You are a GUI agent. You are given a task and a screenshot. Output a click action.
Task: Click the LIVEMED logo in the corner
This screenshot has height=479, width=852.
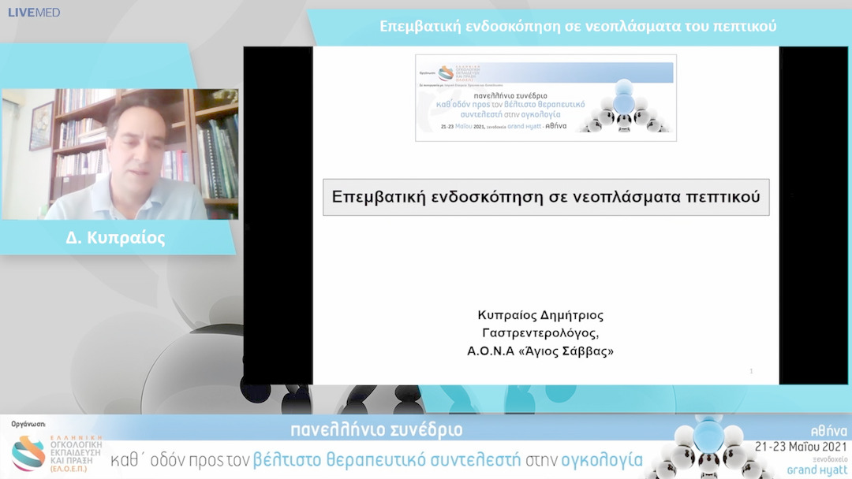point(34,12)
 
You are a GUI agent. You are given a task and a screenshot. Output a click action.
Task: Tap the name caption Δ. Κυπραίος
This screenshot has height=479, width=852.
point(115,238)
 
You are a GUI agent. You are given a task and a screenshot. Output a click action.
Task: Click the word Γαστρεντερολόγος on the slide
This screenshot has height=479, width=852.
point(545,333)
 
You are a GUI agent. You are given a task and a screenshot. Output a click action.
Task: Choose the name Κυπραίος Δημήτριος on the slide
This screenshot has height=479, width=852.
point(545,315)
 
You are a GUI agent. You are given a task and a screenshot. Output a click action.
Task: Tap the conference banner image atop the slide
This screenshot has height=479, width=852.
point(545,98)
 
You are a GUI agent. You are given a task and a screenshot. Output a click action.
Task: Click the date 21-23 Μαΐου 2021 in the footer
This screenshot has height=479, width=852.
point(801,446)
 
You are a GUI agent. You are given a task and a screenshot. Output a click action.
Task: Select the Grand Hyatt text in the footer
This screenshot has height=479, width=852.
point(817,470)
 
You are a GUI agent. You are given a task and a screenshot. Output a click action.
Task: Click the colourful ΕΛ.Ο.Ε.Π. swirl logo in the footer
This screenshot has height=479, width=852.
point(28,452)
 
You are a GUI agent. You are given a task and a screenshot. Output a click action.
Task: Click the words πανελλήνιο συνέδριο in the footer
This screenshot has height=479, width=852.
point(376,430)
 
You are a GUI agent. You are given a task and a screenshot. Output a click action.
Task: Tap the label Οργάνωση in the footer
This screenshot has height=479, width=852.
point(28,424)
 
